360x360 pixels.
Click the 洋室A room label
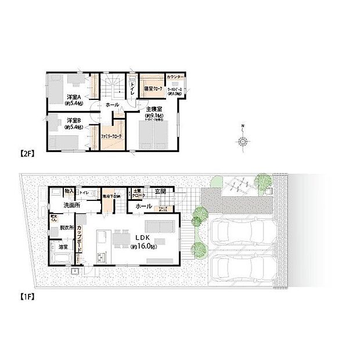tap(72, 97)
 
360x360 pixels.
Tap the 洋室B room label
tap(72, 121)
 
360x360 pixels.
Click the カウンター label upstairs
tap(175, 77)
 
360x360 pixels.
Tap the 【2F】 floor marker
tap(27, 154)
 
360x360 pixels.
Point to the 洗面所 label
tap(71, 205)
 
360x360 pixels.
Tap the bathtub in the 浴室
tap(59, 256)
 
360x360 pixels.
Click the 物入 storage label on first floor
tap(69, 191)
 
